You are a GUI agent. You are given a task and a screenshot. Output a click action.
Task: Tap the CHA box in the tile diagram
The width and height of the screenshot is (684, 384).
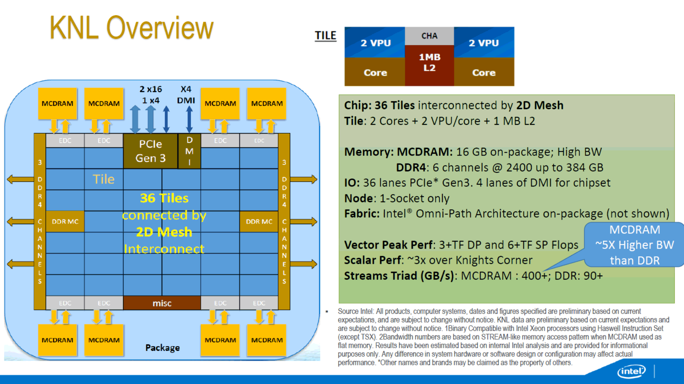(x=429, y=36)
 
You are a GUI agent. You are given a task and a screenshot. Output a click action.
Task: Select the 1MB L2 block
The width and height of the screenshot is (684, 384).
(x=429, y=65)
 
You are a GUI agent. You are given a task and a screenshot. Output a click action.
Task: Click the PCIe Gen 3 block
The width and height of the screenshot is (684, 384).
(x=150, y=151)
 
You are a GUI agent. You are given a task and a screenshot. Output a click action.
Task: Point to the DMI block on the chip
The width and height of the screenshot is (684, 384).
(x=189, y=151)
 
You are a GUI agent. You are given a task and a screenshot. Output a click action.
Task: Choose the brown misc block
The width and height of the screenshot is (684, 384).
(x=162, y=303)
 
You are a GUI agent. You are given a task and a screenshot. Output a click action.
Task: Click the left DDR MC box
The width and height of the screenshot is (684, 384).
(x=65, y=221)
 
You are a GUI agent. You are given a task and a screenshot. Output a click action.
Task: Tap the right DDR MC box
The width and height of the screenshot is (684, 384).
(x=259, y=221)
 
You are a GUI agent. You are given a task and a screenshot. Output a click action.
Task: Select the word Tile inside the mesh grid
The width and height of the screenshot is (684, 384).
(x=104, y=179)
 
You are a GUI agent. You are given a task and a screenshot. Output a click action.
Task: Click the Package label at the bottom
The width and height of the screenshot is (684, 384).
(x=163, y=348)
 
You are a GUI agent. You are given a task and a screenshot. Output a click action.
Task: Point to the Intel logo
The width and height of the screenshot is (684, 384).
(x=631, y=371)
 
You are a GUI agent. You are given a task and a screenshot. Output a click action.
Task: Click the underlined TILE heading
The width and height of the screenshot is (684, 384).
(x=325, y=35)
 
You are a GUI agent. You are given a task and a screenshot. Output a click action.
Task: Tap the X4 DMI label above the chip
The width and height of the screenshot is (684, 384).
(x=186, y=95)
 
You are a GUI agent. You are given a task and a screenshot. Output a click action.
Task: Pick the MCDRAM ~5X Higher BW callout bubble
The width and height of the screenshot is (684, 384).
(x=634, y=245)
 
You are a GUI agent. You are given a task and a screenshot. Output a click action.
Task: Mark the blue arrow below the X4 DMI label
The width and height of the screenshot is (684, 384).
(x=189, y=119)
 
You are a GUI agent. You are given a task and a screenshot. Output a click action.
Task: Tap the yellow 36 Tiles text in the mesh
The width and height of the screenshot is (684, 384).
(x=164, y=198)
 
